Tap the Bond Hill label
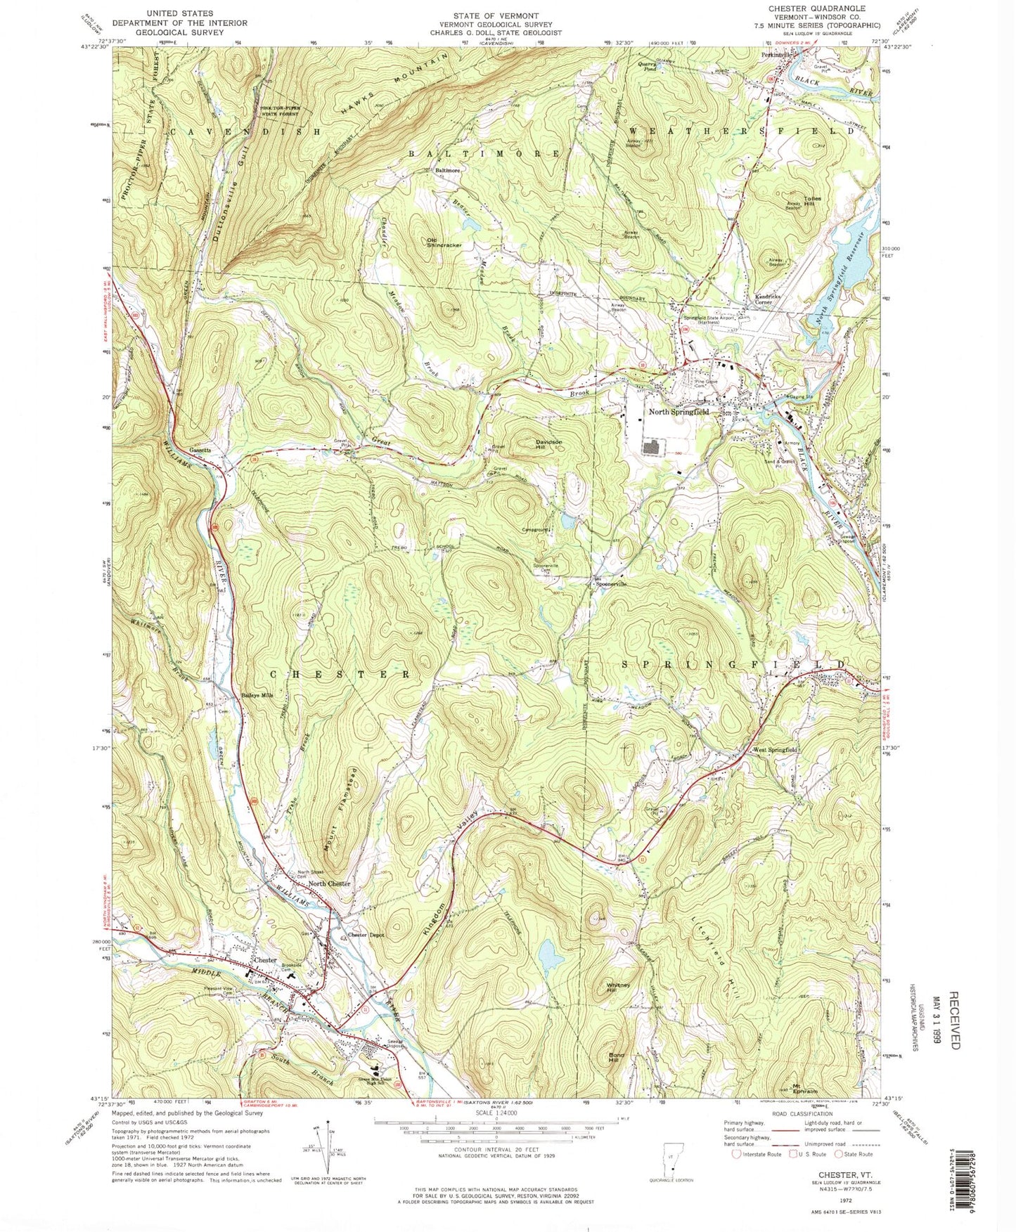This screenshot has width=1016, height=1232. coord(616,1058)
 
